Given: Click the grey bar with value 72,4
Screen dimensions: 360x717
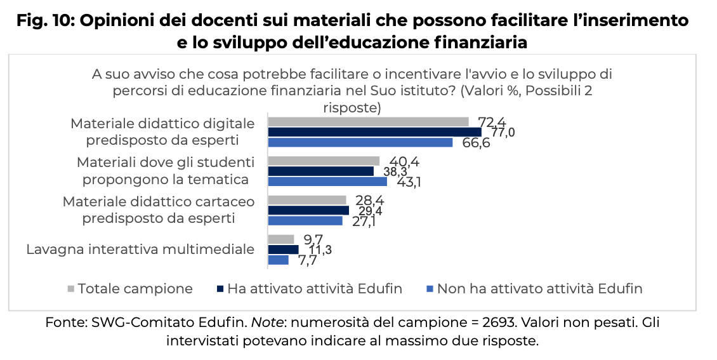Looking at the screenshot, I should [368, 121].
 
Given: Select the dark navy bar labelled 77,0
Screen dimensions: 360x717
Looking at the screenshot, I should [374, 132].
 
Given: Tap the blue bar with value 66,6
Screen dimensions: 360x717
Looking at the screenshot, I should [360, 142].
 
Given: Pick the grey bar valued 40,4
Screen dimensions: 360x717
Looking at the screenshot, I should [324, 161].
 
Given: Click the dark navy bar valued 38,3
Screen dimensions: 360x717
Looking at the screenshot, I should [320, 171].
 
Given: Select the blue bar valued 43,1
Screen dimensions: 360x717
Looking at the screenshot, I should [327, 182].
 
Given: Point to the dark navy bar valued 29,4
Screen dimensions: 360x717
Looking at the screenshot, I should [308, 210].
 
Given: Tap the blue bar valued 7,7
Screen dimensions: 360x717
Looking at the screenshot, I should [278, 260].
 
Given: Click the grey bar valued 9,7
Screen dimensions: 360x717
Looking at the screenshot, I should [281, 239].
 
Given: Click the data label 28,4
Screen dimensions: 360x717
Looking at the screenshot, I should [369, 201].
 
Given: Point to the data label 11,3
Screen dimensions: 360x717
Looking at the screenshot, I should [320, 250].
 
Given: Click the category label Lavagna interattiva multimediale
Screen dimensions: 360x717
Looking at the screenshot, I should [140, 249].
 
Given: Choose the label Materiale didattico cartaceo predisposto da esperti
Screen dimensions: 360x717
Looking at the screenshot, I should [159, 210].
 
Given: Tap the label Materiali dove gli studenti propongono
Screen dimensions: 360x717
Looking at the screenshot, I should [166, 170].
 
